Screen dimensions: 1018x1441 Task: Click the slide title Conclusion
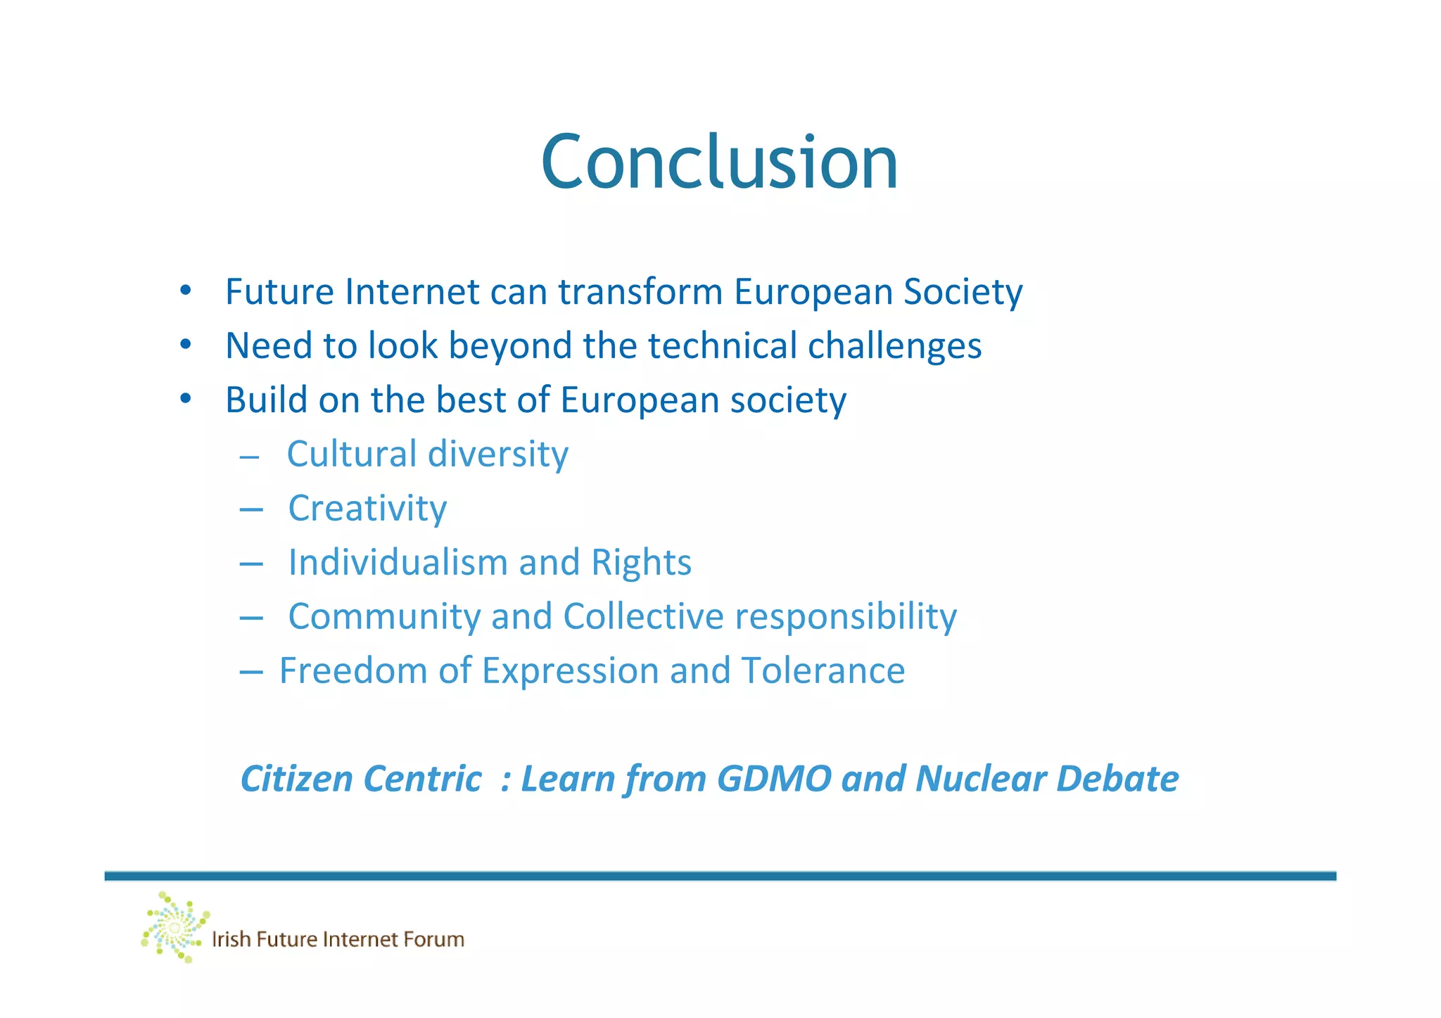pos(719,163)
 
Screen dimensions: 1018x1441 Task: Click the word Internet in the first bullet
pos(412,292)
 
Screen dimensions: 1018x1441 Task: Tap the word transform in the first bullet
pos(640,292)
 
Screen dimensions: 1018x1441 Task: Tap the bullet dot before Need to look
pos(185,345)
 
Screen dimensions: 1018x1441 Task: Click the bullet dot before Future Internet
pos(185,291)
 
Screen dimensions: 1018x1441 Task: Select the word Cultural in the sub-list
pos(351,454)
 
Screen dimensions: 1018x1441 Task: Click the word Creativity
pos(367,509)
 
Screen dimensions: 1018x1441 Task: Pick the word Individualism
pos(398,563)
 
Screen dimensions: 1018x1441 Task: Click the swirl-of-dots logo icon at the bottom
pos(174,927)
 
